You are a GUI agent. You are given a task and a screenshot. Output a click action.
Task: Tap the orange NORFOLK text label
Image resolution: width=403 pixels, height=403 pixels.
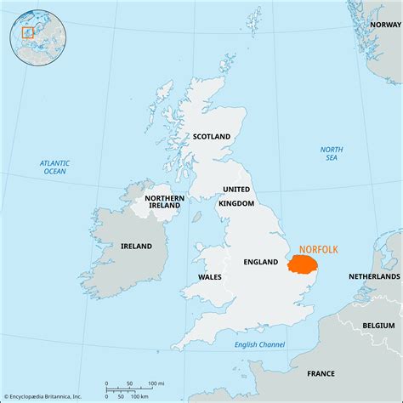(x=317, y=249)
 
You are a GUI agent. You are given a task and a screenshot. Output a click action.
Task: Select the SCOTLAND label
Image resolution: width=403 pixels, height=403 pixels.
(x=211, y=136)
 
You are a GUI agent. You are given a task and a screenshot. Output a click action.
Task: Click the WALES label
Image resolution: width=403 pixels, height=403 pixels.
(x=210, y=276)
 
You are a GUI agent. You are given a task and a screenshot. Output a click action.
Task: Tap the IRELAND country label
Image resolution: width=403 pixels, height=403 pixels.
(x=135, y=246)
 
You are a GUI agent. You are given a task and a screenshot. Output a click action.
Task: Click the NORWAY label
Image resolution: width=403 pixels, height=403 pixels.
(x=384, y=25)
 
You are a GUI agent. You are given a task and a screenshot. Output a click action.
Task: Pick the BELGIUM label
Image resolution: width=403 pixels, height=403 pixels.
(x=378, y=325)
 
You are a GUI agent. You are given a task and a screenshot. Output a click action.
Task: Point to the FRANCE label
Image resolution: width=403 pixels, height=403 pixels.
(x=321, y=373)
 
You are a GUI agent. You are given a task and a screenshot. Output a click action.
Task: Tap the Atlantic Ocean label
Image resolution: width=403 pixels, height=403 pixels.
(x=55, y=167)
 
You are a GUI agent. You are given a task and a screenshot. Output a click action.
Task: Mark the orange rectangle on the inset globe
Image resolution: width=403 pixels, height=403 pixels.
(x=27, y=32)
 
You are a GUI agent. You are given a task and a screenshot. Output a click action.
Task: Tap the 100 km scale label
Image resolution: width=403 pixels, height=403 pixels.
(x=139, y=396)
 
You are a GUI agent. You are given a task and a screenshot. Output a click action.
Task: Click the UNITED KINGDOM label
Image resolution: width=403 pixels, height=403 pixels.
(x=237, y=196)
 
